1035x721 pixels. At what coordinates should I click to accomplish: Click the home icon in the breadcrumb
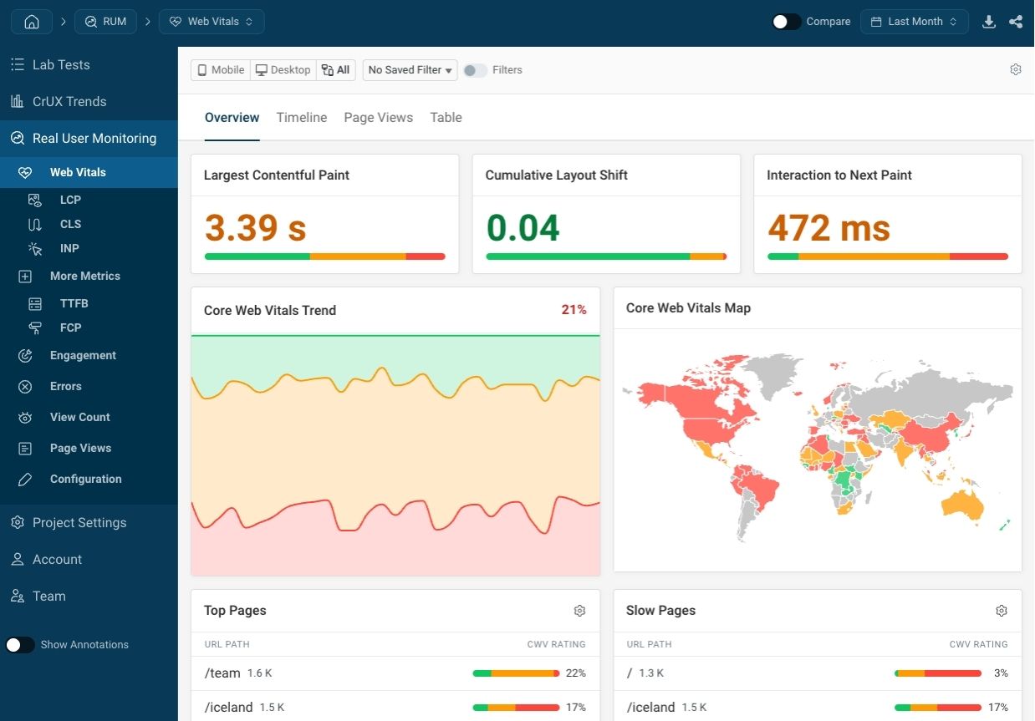(x=32, y=22)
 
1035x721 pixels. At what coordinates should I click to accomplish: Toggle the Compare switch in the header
(x=787, y=22)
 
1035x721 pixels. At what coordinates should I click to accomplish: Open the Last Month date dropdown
(x=914, y=22)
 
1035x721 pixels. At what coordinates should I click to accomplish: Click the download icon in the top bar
(x=989, y=22)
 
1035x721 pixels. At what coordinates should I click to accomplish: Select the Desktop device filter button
(x=283, y=70)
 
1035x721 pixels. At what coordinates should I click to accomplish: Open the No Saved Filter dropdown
(x=410, y=70)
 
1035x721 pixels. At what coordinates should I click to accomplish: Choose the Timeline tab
(x=301, y=118)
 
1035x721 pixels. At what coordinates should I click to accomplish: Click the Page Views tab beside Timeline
(x=378, y=118)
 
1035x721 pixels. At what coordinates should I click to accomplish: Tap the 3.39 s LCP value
(x=255, y=227)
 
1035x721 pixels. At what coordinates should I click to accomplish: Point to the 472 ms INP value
(x=829, y=227)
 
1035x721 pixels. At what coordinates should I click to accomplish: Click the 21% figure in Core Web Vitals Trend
(x=574, y=310)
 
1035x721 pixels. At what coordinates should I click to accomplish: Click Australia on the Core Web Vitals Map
(x=961, y=503)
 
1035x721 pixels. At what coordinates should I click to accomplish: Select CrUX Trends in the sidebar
(x=69, y=102)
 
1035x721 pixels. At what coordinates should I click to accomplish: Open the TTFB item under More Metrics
(x=74, y=303)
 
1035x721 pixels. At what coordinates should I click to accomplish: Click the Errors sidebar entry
(x=65, y=386)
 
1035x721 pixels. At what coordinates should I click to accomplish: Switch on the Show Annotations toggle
(x=20, y=645)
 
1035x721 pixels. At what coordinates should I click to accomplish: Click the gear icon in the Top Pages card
(x=579, y=611)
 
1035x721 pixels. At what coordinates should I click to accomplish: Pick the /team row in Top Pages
(x=222, y=673)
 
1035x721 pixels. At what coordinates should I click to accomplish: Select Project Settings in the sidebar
(x=79, y=523)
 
